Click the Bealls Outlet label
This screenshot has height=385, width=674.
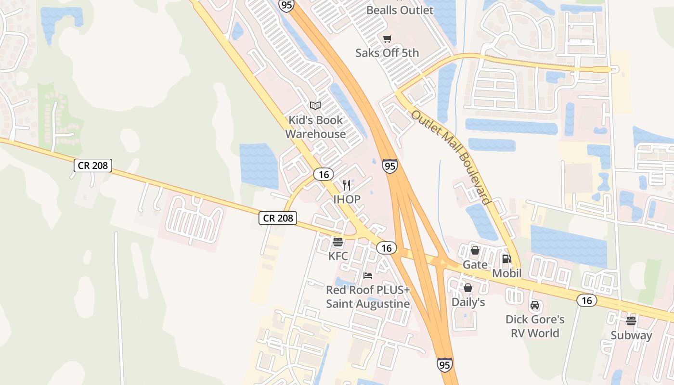(400, 10)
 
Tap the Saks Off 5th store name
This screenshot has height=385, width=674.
(387, 52)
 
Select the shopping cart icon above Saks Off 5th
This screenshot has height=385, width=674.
(388, 38)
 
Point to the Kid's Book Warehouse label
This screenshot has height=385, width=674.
(316, 127)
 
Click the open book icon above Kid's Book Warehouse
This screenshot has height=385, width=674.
(315, 105)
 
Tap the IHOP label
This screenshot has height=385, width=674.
(347, 199)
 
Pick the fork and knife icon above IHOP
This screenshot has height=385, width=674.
(346, 185)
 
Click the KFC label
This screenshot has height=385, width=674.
(338, 256)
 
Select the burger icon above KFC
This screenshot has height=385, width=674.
(338, 242)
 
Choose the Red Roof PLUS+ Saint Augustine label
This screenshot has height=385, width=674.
(368, 297)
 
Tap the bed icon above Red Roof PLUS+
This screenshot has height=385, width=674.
(368, 276)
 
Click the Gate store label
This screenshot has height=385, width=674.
(475, 265)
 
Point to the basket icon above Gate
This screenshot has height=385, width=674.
(475, 250)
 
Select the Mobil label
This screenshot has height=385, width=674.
(507, 273)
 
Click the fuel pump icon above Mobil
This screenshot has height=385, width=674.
(506, 259)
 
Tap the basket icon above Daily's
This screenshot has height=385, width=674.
(468, 288)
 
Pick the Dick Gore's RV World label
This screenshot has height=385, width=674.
(535, 326)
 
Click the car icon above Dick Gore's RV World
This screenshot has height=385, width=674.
(535, 305)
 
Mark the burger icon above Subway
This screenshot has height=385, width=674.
(631, 321)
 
